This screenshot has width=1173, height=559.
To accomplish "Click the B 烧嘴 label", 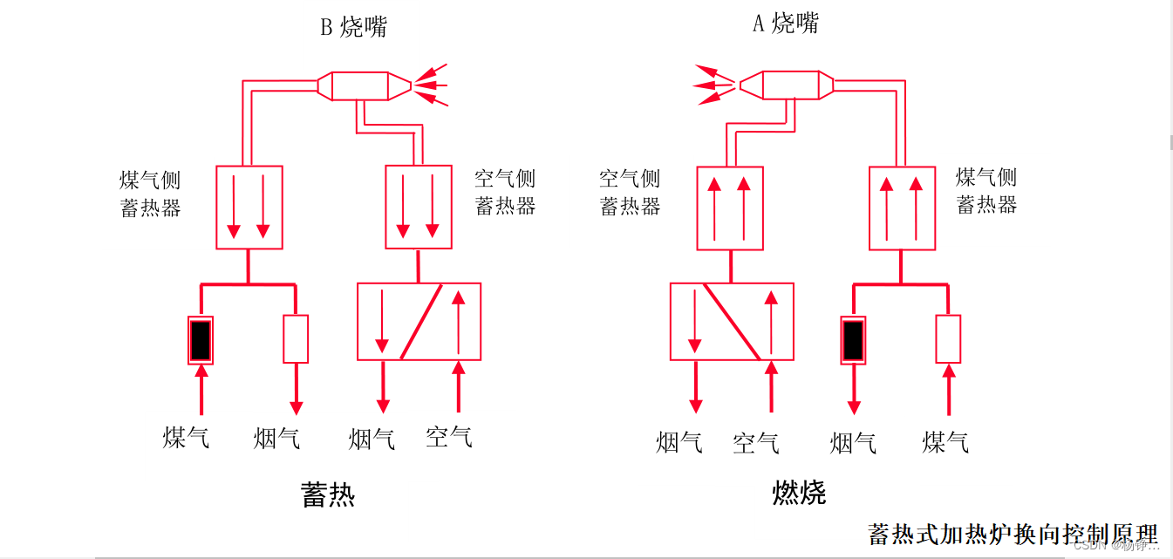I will tap(353, 27).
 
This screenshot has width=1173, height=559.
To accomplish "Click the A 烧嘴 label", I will tap(786, 24).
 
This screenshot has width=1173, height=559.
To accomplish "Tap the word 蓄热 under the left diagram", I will tap(328, 494).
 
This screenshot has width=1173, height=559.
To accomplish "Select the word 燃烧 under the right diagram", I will tap(799, 493).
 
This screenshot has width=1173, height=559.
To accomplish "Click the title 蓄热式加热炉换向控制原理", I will tap(1013, 533).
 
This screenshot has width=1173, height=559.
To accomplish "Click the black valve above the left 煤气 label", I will tap(201, 340).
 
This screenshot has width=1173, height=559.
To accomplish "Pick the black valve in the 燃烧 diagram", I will tap(854, 340).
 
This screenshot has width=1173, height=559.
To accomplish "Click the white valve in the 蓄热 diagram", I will tap(296, 339).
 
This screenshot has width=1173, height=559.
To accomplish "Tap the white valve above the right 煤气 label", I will tap(948, 339).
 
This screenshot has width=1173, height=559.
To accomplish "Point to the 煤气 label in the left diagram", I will tap(186, 437).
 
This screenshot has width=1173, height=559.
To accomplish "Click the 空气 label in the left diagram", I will tap(449, 436).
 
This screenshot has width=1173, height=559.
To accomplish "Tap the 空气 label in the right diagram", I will tap(756, 442).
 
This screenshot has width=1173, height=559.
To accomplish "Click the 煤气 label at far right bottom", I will tap(945, 442).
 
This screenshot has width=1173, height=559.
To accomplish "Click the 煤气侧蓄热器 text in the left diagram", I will tap(151, 194).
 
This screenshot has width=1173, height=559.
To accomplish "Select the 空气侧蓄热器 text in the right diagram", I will tap(630, 193).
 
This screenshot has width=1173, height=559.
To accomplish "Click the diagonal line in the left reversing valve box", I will tap(421, 321).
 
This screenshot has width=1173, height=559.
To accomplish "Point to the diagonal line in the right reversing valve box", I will tap(732, 321).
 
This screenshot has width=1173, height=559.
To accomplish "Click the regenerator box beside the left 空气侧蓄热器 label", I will tap(419, 208).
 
